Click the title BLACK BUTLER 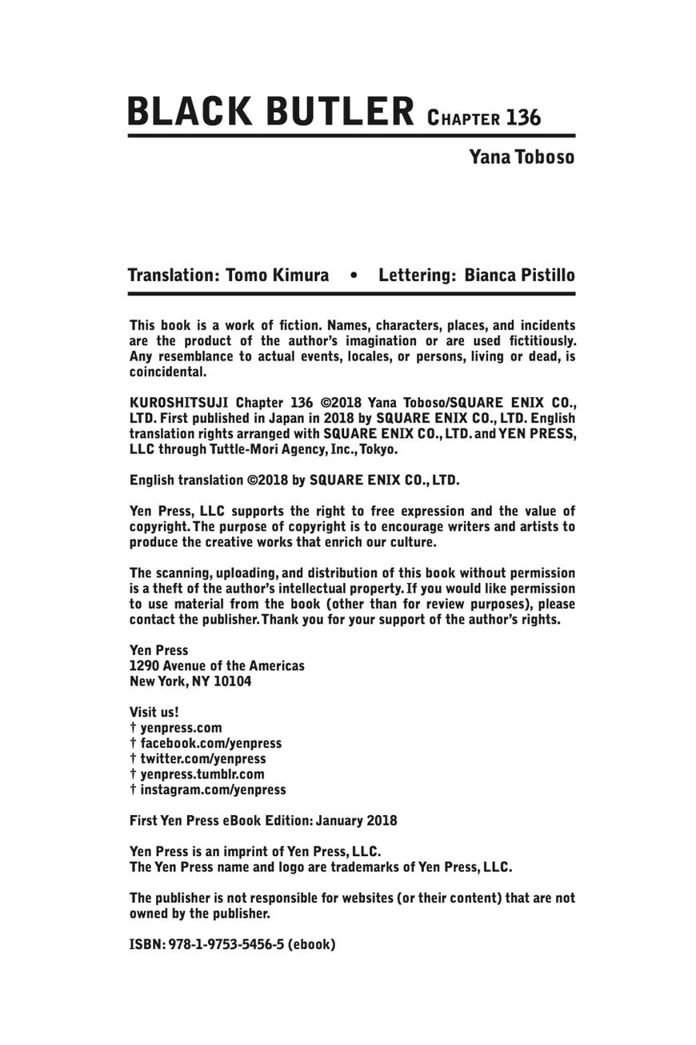[270, 111]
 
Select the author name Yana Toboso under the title [522, 156]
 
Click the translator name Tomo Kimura [278, 275]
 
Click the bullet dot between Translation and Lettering [354, 276]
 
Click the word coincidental [168, 372]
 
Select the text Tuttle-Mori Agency [262, 449]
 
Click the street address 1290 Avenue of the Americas [217, 665]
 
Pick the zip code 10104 [233, 681]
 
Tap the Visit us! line [154, 712]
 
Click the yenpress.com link [181, 728]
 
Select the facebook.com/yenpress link [210, 743]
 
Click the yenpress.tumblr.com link [202, 774]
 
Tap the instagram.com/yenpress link [213, 790]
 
